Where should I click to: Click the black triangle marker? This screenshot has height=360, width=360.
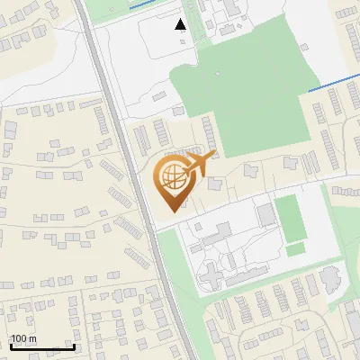click(x=181, y=24)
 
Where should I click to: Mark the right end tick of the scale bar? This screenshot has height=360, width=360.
click(x=74, y=346)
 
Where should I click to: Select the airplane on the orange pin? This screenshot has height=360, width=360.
click(x=199, y=164)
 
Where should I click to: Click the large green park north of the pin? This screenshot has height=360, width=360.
click(x=243, y=99)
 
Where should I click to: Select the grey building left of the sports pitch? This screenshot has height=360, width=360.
click(x=265, y=214)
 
